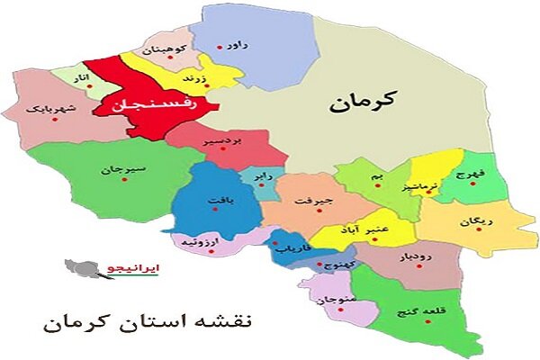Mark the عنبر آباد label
point(364,231)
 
